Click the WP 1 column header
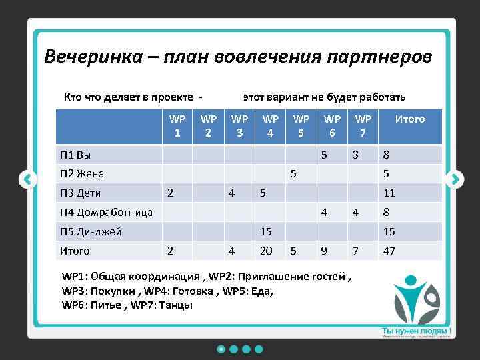[177, 125]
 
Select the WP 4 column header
[271, 125]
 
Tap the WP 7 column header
[363, 125]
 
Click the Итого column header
[410, 119]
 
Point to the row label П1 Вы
[75, 155]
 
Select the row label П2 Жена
[82, 174]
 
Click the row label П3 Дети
[79, 193]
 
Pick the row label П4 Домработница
[106, 213]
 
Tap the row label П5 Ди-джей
[91, 232]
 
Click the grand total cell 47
[389, 251]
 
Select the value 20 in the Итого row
[266, 251]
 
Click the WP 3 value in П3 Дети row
[231, 193]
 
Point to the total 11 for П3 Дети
[388, 193]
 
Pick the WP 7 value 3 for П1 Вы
[357, 155]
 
